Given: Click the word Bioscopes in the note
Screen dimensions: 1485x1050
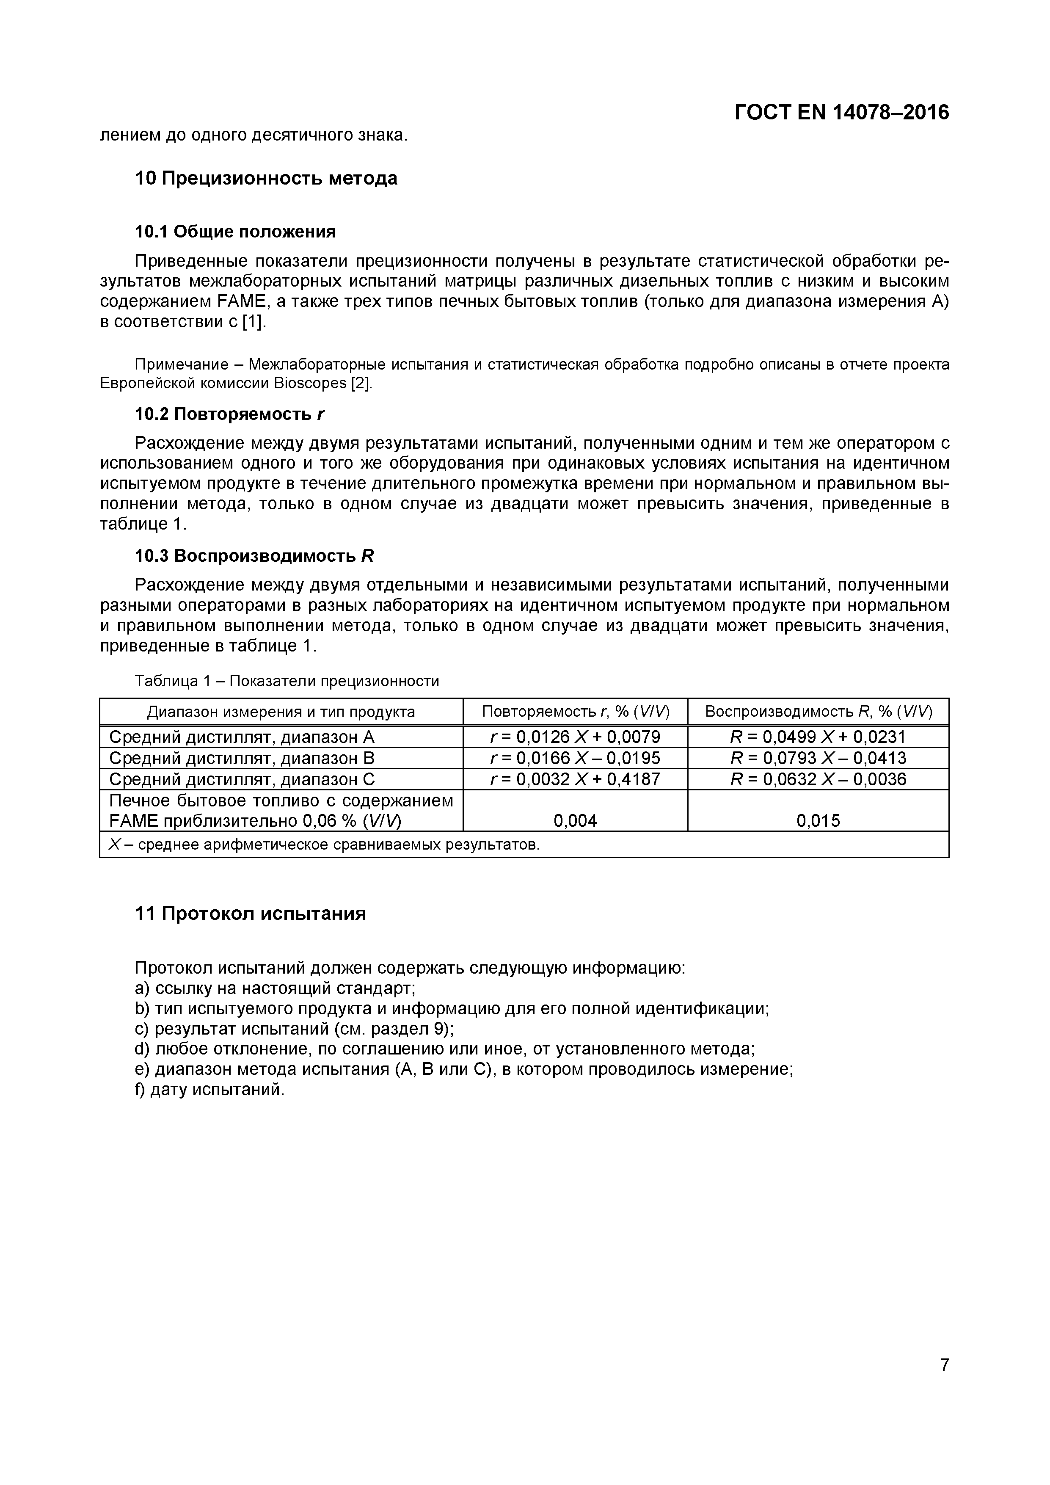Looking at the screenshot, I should [310, 383].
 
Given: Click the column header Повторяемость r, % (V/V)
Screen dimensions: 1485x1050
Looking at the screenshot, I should [576, 712].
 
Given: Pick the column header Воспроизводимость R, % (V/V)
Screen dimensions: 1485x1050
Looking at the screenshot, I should [818, 712].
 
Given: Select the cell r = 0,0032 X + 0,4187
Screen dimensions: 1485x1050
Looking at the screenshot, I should [576, 779].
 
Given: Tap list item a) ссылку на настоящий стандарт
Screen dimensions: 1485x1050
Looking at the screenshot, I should [275, 988].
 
